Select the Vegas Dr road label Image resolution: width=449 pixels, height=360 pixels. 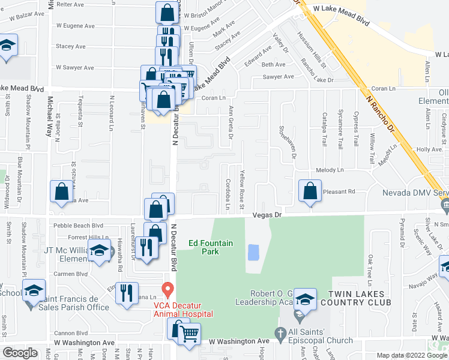(267, 214)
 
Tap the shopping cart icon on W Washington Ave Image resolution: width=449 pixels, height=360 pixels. (190, 333)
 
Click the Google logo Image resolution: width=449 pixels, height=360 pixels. (20, 352)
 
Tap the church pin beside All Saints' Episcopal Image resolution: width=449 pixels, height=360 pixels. (280, 332)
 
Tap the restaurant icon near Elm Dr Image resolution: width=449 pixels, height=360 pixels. (125, 293)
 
